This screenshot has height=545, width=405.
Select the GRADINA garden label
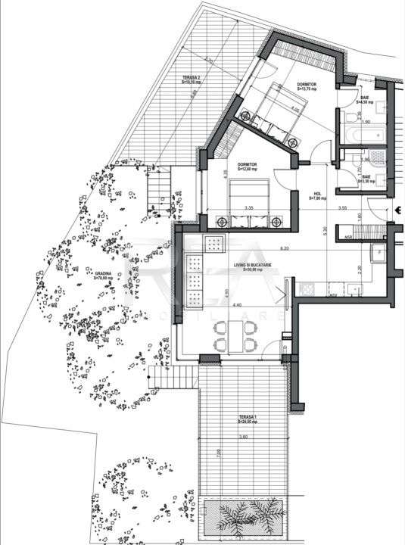(104, 276)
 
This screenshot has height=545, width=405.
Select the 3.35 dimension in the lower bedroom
(248, 207)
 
